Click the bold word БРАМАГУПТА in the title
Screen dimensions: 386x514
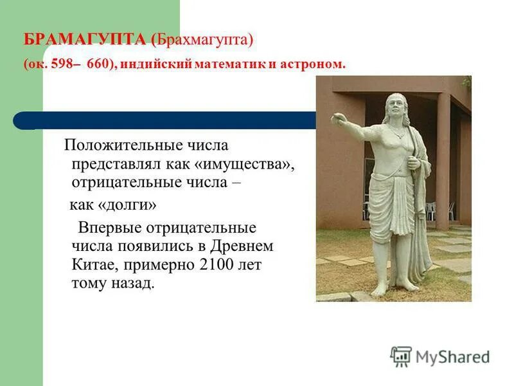(85, 41)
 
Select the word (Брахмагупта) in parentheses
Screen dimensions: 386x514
(203, 41)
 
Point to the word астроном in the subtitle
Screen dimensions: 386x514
(315, 64)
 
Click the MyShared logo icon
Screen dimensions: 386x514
(401, 356)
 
